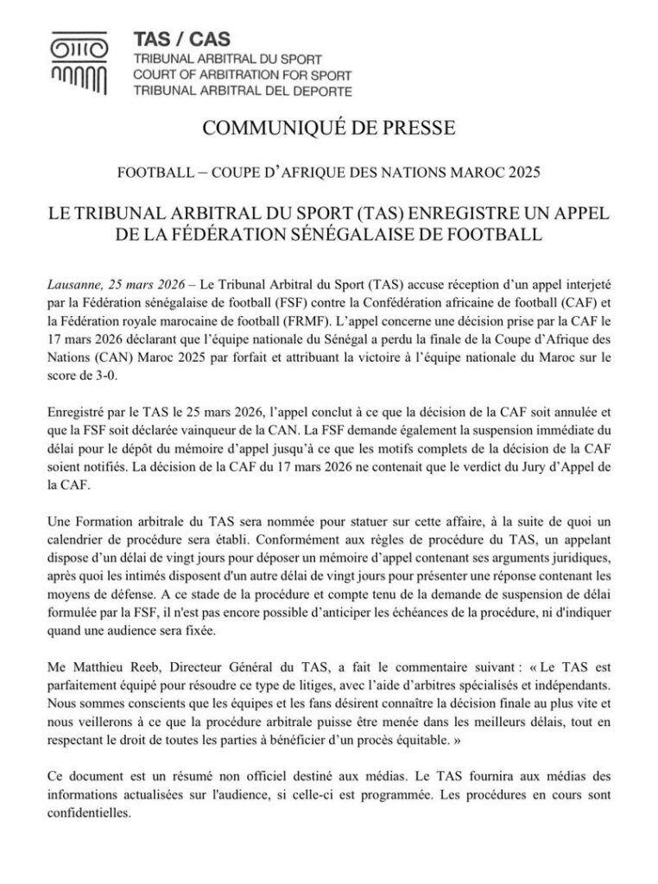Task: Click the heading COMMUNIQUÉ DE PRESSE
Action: tap(328, 129)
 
